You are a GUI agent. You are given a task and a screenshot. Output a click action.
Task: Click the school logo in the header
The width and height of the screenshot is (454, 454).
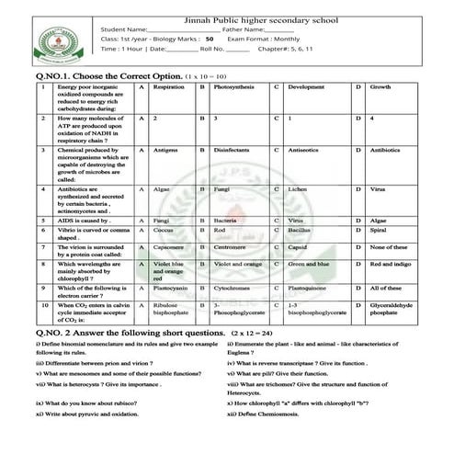(x=56, y=42)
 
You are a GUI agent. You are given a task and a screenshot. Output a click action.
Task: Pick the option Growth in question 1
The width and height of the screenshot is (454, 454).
(x=380, y=86)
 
